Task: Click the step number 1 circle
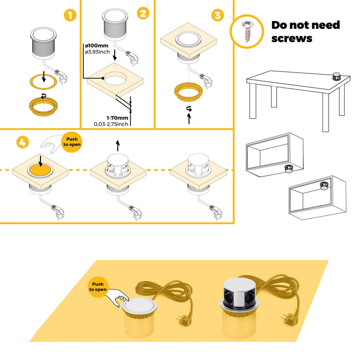70,15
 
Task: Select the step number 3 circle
218,15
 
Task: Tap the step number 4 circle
22,143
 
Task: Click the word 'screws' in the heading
292,38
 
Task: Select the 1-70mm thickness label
117,117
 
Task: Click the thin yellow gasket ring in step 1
43,81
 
